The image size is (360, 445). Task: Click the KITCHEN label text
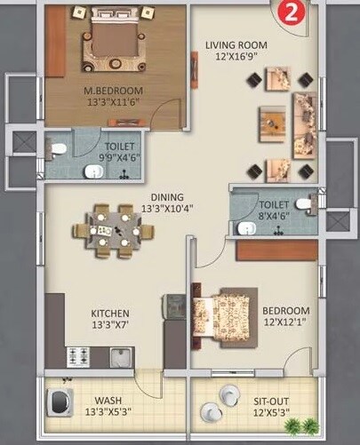click(x=111, y=314)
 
